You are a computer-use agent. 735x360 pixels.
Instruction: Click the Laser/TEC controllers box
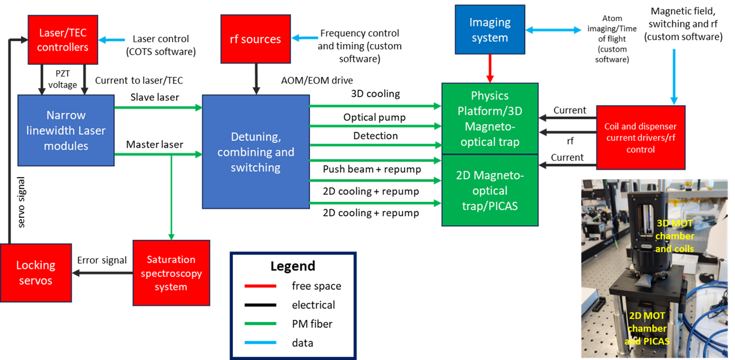[x=63, y=40]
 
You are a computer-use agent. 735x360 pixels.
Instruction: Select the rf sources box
[x=256, y=39]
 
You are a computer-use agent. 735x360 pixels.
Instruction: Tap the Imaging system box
[x=490, y=30]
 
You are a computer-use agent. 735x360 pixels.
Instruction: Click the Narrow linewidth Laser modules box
[x=66, y=130]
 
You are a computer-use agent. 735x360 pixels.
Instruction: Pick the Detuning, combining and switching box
[x=256, y=152]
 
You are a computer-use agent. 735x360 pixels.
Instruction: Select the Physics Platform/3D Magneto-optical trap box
[x=490, y=118]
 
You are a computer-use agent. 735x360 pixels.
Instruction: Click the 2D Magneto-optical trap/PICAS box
[x=490, y=190]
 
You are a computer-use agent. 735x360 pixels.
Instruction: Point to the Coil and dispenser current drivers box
[x=641, y=138]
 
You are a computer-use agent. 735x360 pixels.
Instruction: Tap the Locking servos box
[x=36, y=273]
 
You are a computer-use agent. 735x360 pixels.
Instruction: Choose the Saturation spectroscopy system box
[x=171, y=273]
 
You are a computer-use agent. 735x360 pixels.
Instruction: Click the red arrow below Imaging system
[x=490, y=68]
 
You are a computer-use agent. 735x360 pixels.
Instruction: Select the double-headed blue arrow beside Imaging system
[x=553, y=30]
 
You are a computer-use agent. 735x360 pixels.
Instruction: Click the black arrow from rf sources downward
[x=256, y=79]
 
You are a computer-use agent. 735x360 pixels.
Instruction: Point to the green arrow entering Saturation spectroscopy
[x=171, y=197]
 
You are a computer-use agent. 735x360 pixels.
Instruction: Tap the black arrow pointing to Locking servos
[x=103, y=273]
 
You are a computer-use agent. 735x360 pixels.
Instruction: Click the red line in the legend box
[x=260, y=286]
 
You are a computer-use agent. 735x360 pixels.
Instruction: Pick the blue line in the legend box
[x=260, y=342]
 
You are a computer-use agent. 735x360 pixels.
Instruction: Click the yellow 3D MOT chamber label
[x=674, y=236]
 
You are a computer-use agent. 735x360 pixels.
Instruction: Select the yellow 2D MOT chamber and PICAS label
[x=647, y=328]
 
